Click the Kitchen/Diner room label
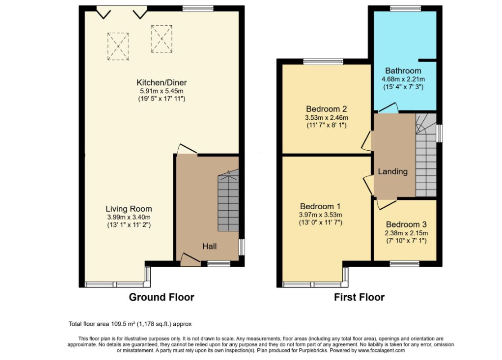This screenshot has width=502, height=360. (x=161, y=82)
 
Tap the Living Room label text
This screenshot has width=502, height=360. (x=129, y=209)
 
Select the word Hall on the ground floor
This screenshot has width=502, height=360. (x=209, y=246)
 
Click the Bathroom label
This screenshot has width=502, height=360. (x=403, y=71)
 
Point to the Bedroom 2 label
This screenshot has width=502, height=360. (x=326, y=109)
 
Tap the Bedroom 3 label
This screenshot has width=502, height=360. (x=406, y=225)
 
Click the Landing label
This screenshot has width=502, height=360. (x=392, y=171)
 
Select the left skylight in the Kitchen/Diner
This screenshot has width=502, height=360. (x=118, y=46)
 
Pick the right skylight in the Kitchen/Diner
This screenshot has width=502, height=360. (x=161, y=38)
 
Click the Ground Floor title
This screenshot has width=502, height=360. (x=161, y=297)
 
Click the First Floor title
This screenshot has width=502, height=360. (x=359, y=297)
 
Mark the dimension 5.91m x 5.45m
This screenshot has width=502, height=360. (x=161, y=90)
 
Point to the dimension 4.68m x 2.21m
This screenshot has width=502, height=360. (x=403, y=79)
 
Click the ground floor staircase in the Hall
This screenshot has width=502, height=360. (x=228, y=202)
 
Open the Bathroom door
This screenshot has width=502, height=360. (x=388, y=108)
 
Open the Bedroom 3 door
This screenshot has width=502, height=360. (x=385, y=203)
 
